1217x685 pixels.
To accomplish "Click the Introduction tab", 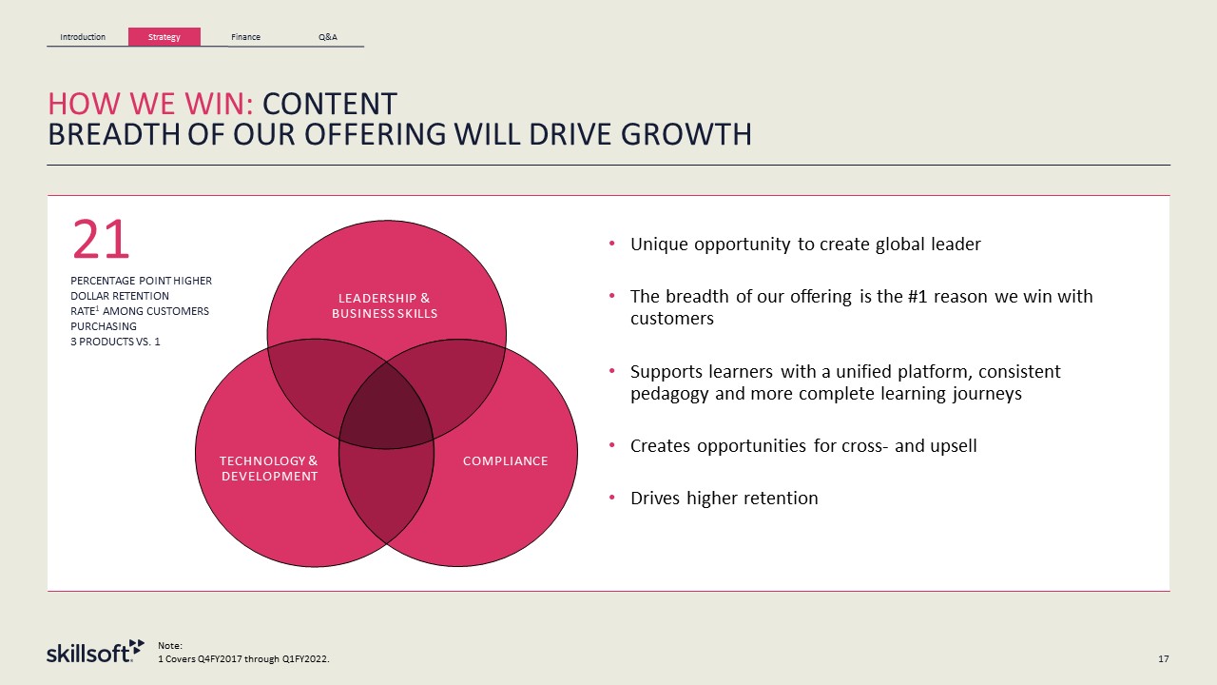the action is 83,37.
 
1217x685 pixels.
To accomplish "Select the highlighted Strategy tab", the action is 164,37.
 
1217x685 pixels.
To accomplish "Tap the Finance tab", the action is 245,37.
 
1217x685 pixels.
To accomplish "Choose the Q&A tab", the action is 328,37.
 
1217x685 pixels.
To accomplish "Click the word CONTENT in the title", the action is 330,104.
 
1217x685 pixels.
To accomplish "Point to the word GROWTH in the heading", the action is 686,134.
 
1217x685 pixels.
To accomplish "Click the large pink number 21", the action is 101,239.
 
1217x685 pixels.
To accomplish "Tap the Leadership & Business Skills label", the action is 385,305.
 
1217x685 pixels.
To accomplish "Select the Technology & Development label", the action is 269,468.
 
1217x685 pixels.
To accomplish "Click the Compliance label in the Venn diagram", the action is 505,461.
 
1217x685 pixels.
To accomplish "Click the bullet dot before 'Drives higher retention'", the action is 611,497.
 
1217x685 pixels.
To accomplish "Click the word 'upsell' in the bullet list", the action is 954,446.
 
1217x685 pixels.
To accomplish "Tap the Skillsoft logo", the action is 96,652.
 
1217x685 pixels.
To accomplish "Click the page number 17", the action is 1163,659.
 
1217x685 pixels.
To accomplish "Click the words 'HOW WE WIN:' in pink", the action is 150,104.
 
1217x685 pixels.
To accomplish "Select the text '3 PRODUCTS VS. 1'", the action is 115,342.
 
